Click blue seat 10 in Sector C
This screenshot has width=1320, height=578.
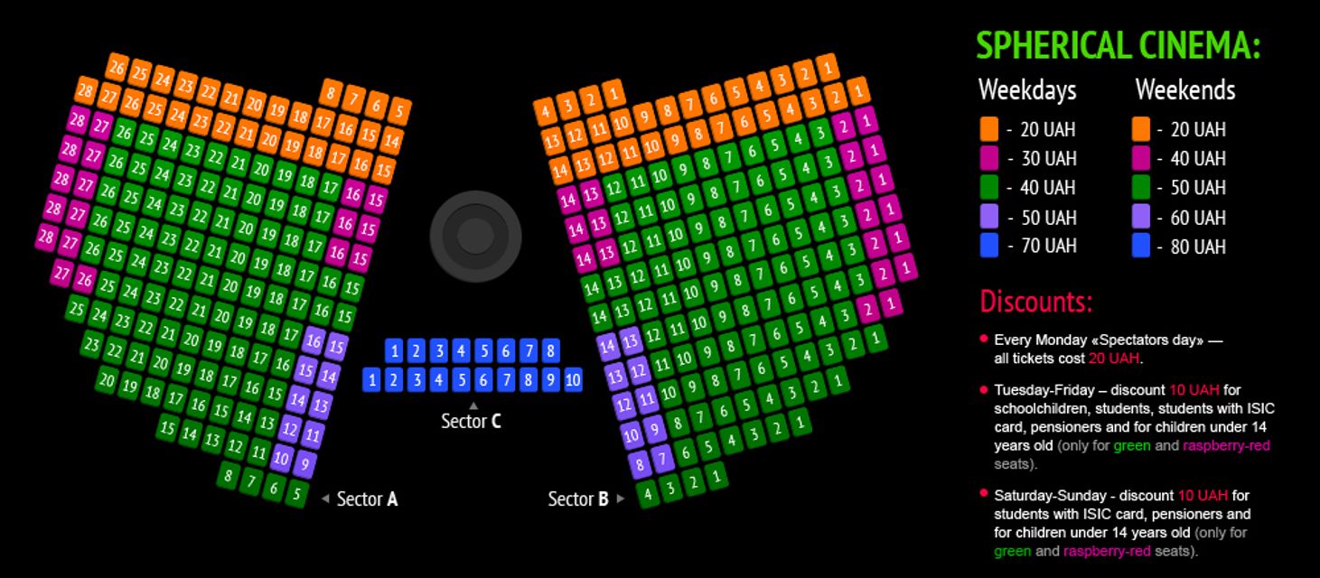point(573,380)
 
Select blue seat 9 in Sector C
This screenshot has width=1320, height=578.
point(550,380)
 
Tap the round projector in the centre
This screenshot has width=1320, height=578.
point(475,236)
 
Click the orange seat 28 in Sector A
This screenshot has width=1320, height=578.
point(86,90)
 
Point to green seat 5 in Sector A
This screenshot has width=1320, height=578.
point(296,494)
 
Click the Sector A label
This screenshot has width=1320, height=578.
point(367,499)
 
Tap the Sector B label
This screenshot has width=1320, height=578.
point(578,499)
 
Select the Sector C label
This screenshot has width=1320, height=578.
point(471,421)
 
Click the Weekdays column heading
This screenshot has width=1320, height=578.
point(1027,90)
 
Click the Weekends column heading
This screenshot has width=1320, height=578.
point(1184,90)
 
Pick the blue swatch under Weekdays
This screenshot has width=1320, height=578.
point(989,246)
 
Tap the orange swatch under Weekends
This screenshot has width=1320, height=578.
point(1141,129)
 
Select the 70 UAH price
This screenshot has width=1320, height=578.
point(1048,247)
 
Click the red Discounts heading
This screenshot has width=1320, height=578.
point(1035,300)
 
